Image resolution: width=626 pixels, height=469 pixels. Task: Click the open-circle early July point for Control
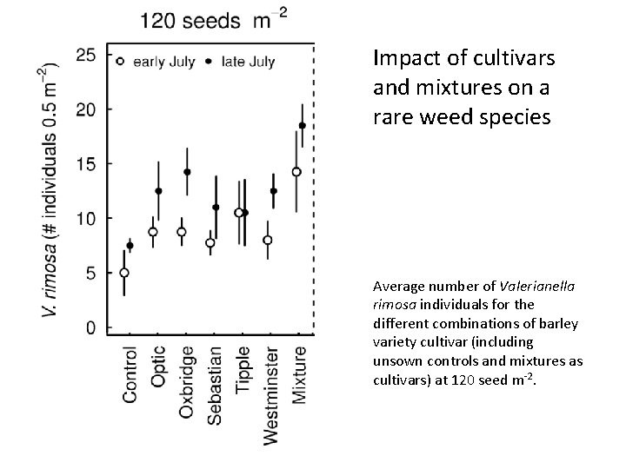124,273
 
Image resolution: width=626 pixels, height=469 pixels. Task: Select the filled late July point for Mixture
303,126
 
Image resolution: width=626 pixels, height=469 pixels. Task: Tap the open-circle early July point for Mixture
296,172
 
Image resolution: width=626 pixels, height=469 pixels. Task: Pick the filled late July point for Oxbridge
187,172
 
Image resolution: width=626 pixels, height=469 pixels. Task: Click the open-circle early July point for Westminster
268,240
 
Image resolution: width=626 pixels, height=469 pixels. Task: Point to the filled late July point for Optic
158,191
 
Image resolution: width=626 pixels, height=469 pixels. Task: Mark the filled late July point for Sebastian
216,208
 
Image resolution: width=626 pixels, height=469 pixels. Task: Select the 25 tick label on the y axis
86,55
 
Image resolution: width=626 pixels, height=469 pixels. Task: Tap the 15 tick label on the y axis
86,164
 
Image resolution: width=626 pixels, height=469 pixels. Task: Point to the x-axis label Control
130,374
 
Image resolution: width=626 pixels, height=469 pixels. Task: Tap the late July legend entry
243,61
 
